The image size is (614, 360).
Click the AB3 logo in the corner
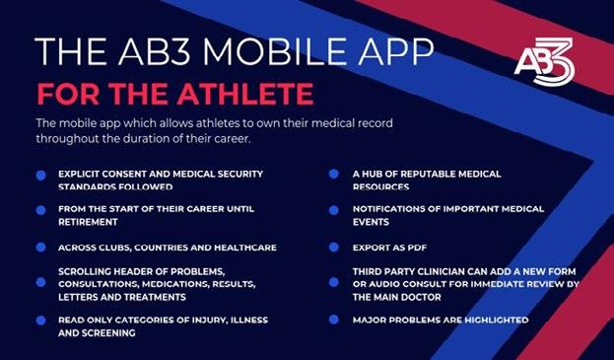[x=544, y=61]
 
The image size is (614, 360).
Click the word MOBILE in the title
[x=274, y=51]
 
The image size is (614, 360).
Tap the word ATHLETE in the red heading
[x=245, y=94]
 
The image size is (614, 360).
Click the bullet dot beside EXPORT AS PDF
[x=334, y=248]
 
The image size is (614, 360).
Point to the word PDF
[x=416, y=248]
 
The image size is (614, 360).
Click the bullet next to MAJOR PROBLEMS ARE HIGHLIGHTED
[x=334, y=320]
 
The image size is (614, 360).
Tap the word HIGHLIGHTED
[x=496, y=320]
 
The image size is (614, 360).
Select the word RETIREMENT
[x=88, y=222]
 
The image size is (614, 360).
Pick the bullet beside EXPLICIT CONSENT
[x=40, y=176]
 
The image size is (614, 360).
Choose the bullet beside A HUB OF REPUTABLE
[x=334, y=174]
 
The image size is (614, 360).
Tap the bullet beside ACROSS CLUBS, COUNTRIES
[x=40, y=248]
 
